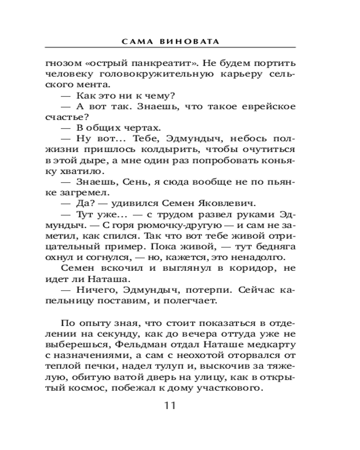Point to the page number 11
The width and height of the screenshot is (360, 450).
[x=170, y=405]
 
